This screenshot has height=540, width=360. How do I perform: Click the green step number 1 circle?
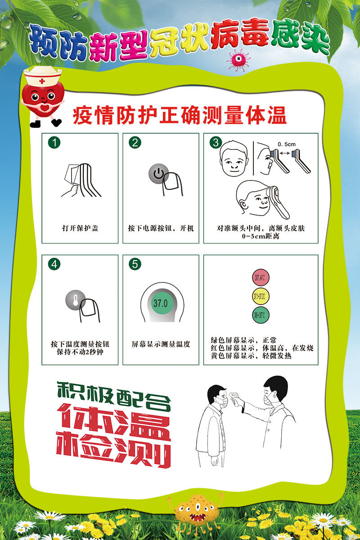pyautogui.click(x=54, y=143)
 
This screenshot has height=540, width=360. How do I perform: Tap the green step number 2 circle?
pyautogui.click(x=135, y=143)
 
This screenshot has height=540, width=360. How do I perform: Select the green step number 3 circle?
pyautogui.click(x=216, y=143)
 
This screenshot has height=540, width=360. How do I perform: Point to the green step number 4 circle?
pyautogui.click(x=54, y=265)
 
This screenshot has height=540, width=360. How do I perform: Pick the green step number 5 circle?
pyautogui.click(x=135, y=265)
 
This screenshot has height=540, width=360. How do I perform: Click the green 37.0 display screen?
pyautogui.click(x=160, y=303)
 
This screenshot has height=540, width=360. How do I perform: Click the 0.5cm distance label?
pyautogui.click(x=286, y=144)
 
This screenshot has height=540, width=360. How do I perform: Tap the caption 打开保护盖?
pyautogui.click(x=80, y=228)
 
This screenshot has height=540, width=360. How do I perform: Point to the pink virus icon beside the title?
pyautogui.click(x=238, y=60)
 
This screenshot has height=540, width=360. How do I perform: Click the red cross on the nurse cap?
pyautogui.click(x=42, y=81)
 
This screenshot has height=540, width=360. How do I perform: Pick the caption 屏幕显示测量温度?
pyautogui.click(x=161, y=344)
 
